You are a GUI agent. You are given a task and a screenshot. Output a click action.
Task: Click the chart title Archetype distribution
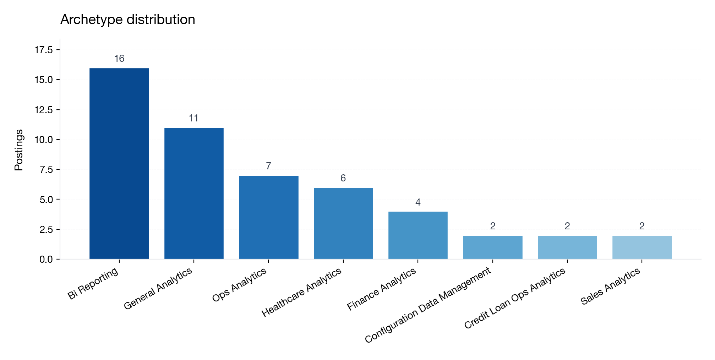tap(127, 20)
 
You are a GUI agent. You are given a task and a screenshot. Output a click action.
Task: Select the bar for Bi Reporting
tap(119, 163)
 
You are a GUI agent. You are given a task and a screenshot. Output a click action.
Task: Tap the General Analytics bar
tap(194, 193)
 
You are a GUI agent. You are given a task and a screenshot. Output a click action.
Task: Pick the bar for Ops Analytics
tap(268, 217)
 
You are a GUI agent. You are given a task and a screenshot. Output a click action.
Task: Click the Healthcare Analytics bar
tap(343, 223)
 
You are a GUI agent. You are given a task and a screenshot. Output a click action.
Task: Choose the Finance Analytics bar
tap(418, 235)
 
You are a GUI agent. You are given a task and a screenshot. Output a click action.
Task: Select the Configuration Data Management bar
tap(492, 247)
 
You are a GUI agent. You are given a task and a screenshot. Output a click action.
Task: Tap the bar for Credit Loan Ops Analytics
tap(567, 247)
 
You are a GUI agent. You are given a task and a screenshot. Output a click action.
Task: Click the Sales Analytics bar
tap(642, 247)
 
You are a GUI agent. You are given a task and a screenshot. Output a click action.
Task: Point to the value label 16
tap(119, 59)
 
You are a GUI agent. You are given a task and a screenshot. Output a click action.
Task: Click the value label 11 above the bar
tap(193, 118)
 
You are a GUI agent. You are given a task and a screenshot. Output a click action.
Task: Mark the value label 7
tap(268, 166)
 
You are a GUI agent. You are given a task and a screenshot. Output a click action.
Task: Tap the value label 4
tap(418, 202)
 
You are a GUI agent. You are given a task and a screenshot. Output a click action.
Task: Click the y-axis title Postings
tap(19, 150)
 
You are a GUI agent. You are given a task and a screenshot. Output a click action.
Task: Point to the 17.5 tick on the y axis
tap(43, 50)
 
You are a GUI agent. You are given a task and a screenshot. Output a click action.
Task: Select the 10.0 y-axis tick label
tap(43, 140)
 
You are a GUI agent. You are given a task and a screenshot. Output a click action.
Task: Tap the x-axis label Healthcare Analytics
tap(302, 292)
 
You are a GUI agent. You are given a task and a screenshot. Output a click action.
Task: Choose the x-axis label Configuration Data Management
tap(428, 305)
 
